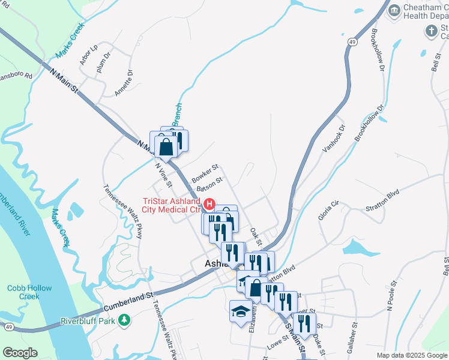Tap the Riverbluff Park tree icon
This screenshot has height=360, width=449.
coord(124,320)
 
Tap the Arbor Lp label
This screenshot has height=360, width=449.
coord(88,55)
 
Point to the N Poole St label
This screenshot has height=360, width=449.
coord(392,295)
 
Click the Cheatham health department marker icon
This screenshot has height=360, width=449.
coord(394,10)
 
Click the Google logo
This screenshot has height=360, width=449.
coord(20,353)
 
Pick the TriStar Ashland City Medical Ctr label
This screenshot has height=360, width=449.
coord(170,205)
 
